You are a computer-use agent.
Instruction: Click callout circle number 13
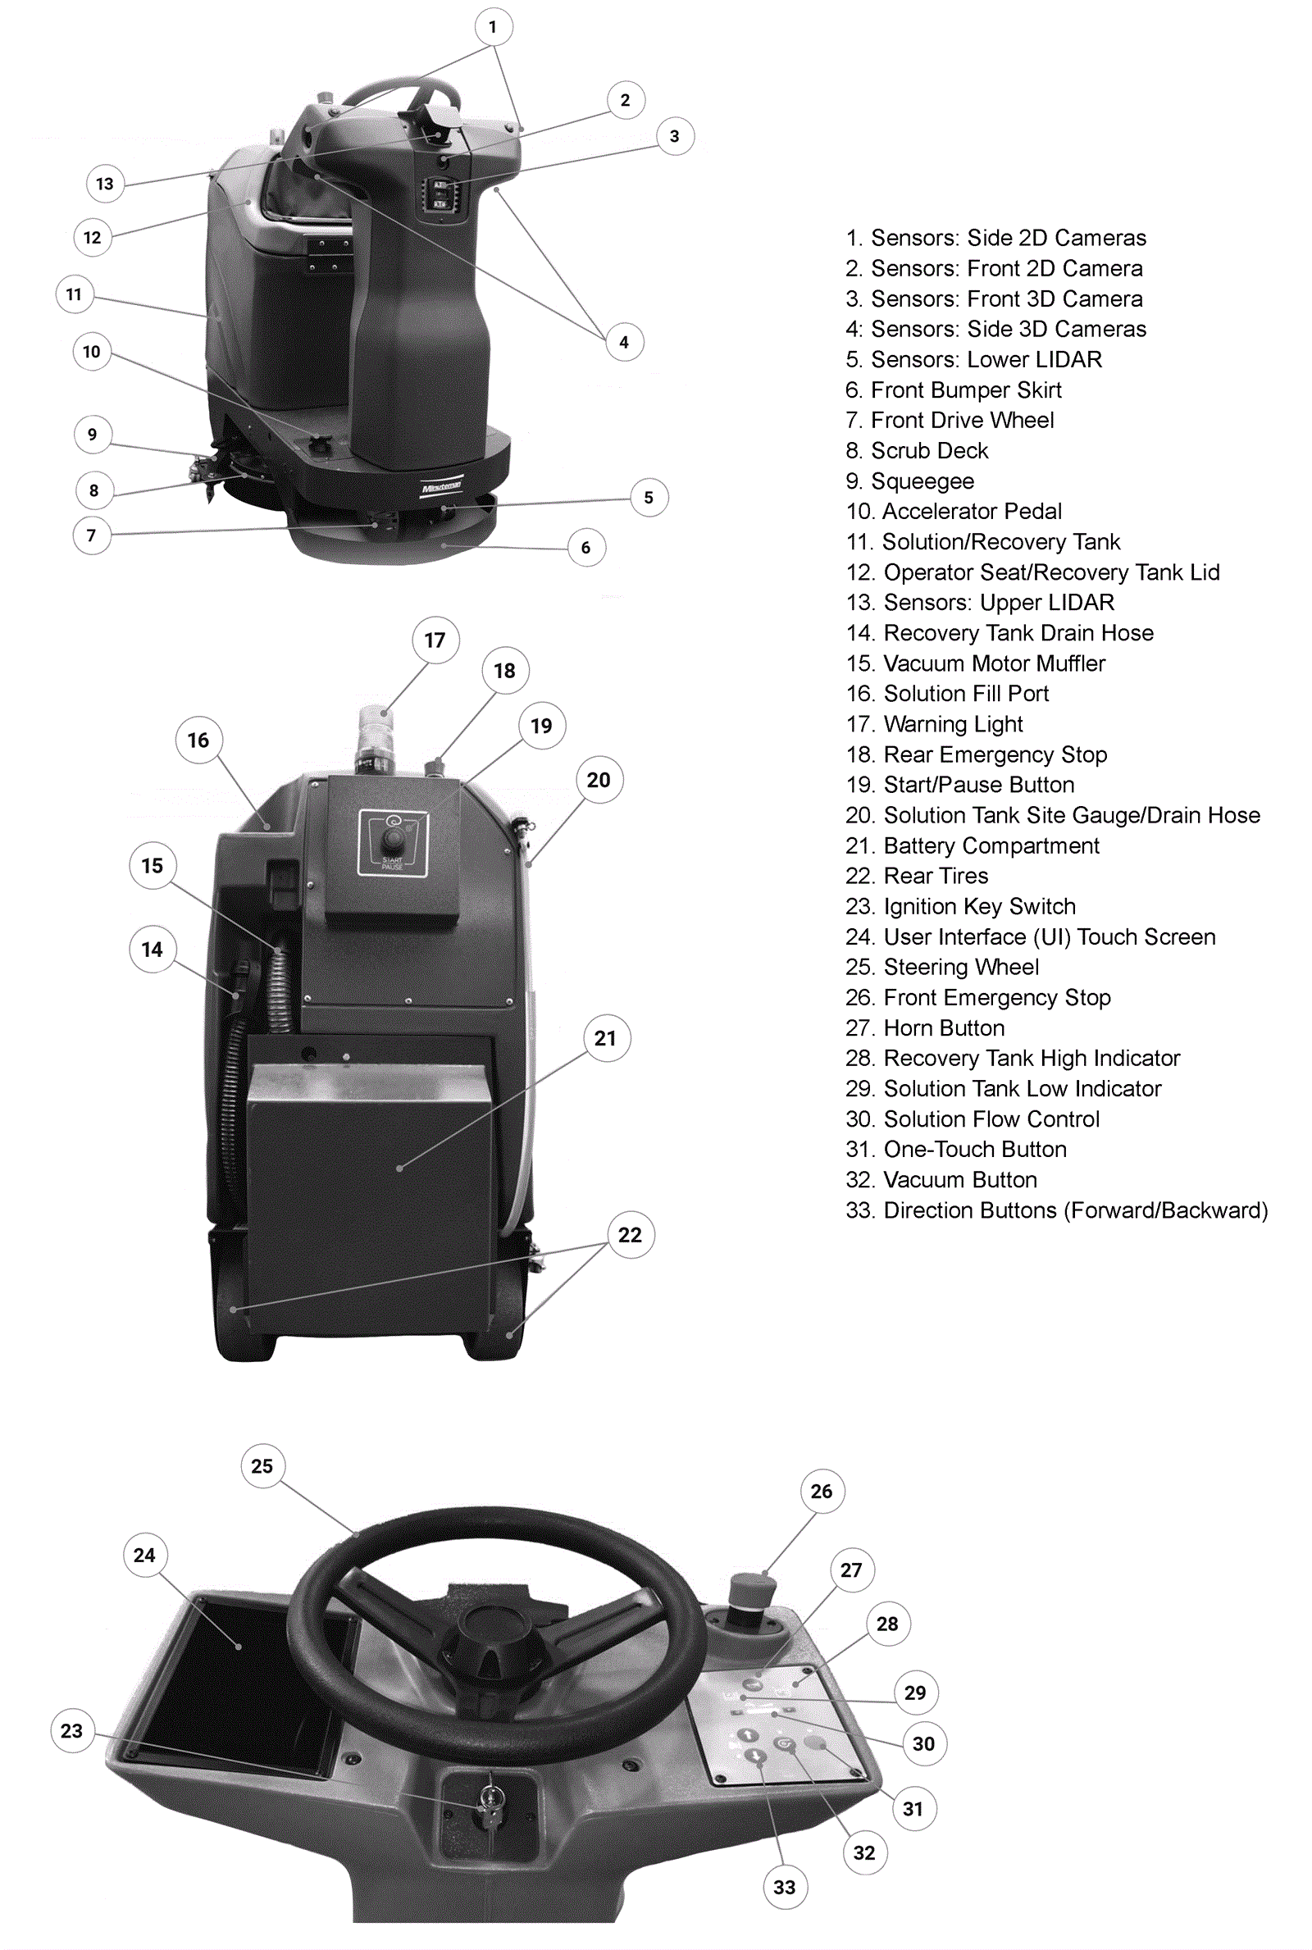(x=105, y=184)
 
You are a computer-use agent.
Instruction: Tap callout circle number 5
(x=649, y=498)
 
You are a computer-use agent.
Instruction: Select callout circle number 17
(x=435, y=640)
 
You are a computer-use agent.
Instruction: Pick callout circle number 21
(x=606, y=1038)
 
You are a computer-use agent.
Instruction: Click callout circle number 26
(x=822, y=1491)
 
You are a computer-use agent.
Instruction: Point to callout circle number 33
(x=785, y=1886)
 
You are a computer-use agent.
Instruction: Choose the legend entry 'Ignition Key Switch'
(x=960, y=906)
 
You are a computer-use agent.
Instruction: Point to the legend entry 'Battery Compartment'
(x=973, y=845)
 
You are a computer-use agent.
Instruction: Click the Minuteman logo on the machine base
(x=441, y=487)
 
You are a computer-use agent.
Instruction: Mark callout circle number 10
(x=92, y=351)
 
